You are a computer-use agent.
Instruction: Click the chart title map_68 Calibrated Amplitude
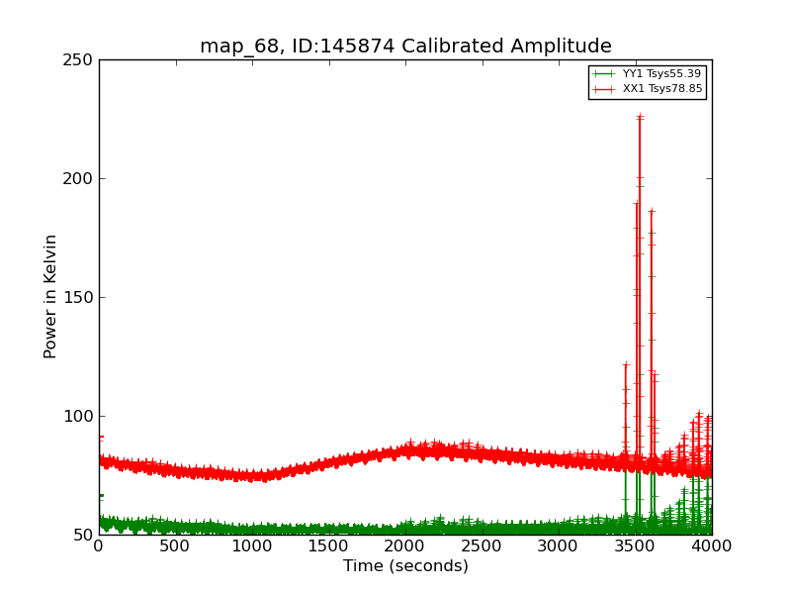(x=405, y=47)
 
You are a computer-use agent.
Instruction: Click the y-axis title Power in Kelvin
(x=51, y=296)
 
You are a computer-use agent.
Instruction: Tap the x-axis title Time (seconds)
(x=405, y=566)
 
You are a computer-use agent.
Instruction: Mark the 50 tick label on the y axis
(x=83, y=536)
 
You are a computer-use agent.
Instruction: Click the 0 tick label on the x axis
(x=99, y=545)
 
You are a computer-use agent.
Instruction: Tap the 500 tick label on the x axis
(x=175, y=545)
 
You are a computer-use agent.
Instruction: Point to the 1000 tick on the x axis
(x=252, y=545)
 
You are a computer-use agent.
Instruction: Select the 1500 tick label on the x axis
(x=328, y=545)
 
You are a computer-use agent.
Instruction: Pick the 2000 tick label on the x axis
(x=405, y=545)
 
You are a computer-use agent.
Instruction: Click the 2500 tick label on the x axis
(x=482, y=545)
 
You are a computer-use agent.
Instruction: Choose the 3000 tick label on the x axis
(x=559, y=545)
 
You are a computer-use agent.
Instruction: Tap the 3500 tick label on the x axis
(x=635, y=545)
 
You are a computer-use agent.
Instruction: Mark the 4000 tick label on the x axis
(x=712, y=545)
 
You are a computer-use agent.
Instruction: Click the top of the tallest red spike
(x=640, y=117)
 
